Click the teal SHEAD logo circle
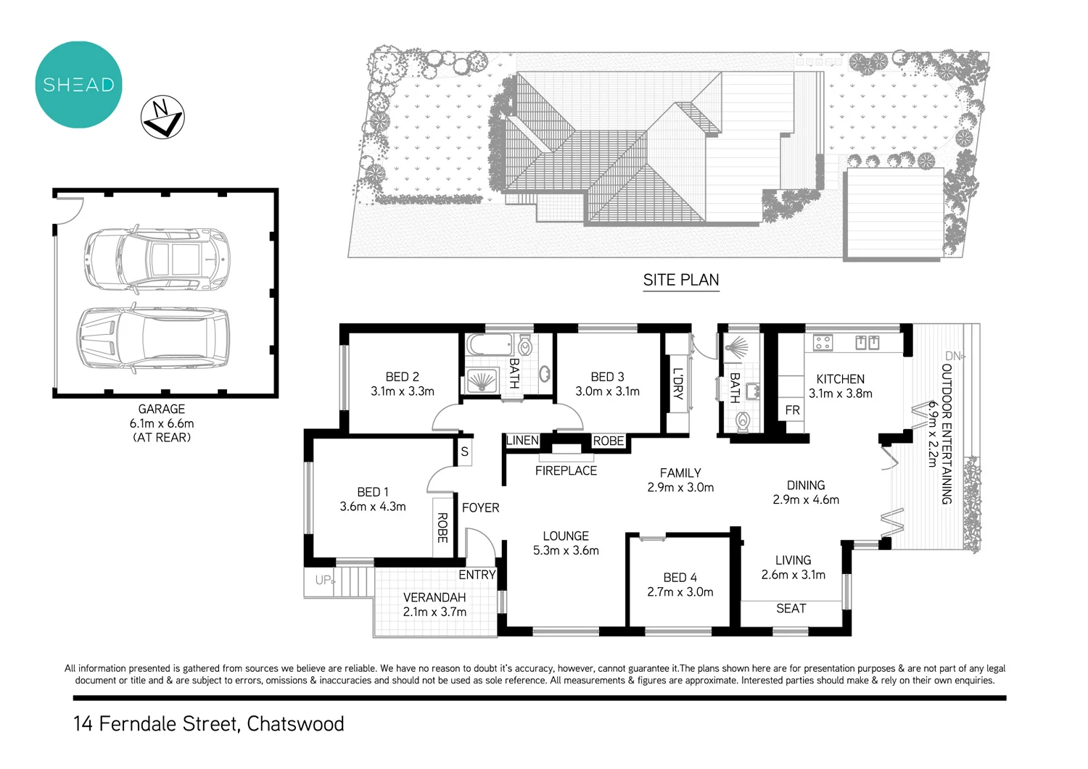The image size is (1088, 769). coord(78,85)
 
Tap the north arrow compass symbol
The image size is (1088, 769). coord(162,117)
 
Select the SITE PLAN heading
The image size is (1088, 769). coord(680,280)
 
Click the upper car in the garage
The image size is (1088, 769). coord(156,257)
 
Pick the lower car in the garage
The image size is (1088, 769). coord(153,338)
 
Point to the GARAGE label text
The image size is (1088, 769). coord(161,409)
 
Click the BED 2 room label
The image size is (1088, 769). coord(402,377)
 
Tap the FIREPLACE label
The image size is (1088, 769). coord(566,471)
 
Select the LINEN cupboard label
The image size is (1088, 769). coord(522,441)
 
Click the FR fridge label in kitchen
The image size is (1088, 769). coord(792,410)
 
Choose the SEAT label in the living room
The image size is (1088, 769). coord(791,609)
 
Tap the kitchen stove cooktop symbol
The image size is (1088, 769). coord(823,342)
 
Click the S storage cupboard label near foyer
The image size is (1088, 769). coord(464,452)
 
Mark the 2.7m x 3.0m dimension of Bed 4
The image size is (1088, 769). coord(680,592)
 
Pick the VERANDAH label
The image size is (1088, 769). coord(434,597)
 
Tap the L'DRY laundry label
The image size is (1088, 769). coord(677,383)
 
